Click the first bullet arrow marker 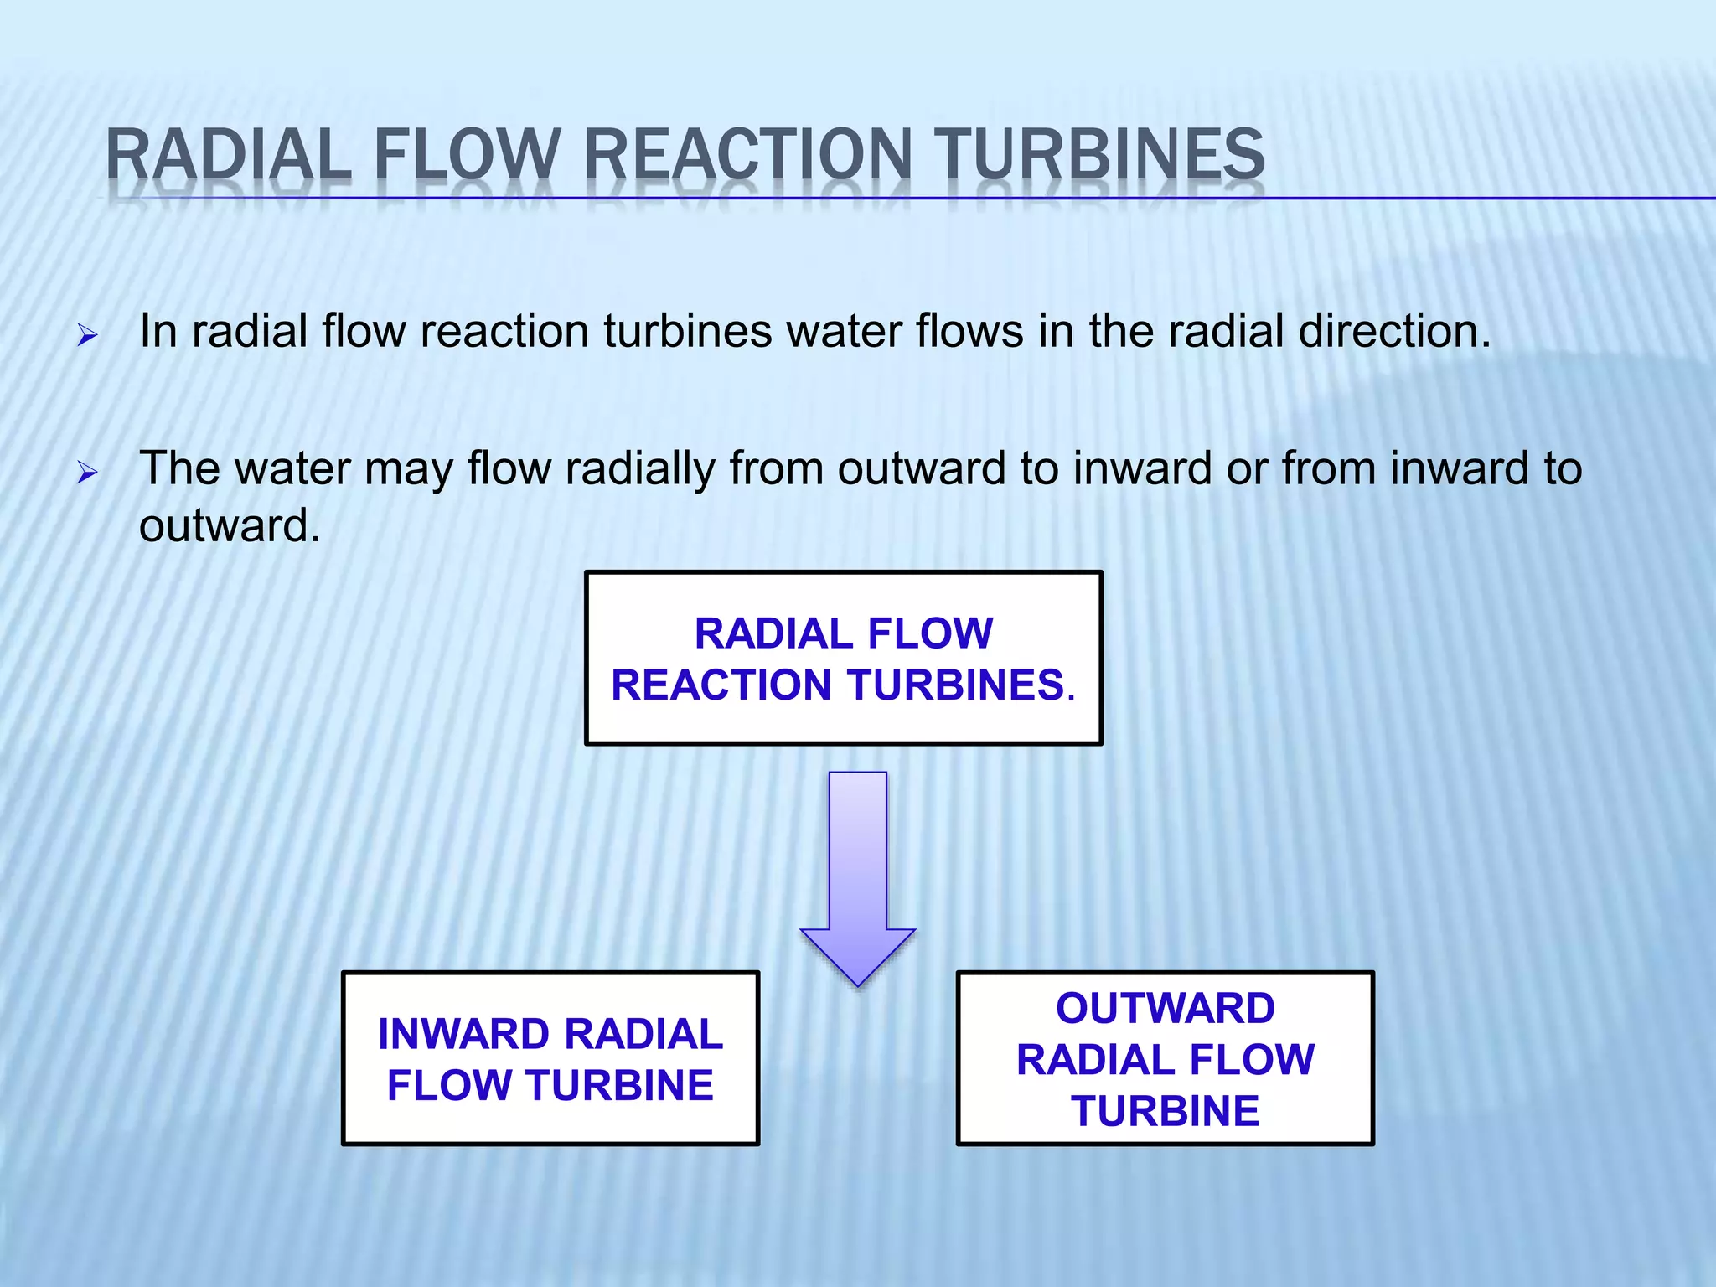coord(87,337)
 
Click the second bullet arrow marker coord(87,474)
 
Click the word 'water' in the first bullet coord(845,331)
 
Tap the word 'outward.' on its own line coord(230,526)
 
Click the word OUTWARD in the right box coord(1165,1008)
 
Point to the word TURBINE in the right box coord(1165,1111)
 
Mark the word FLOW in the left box coord(450,1086)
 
